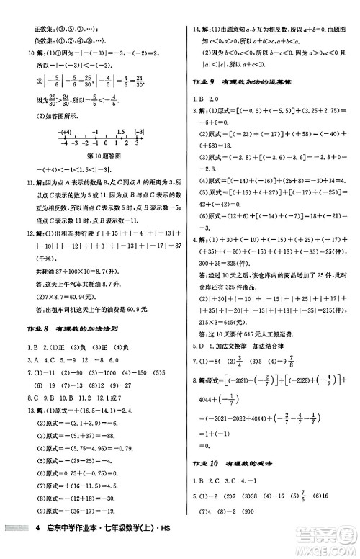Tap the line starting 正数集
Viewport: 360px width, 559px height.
58,9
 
